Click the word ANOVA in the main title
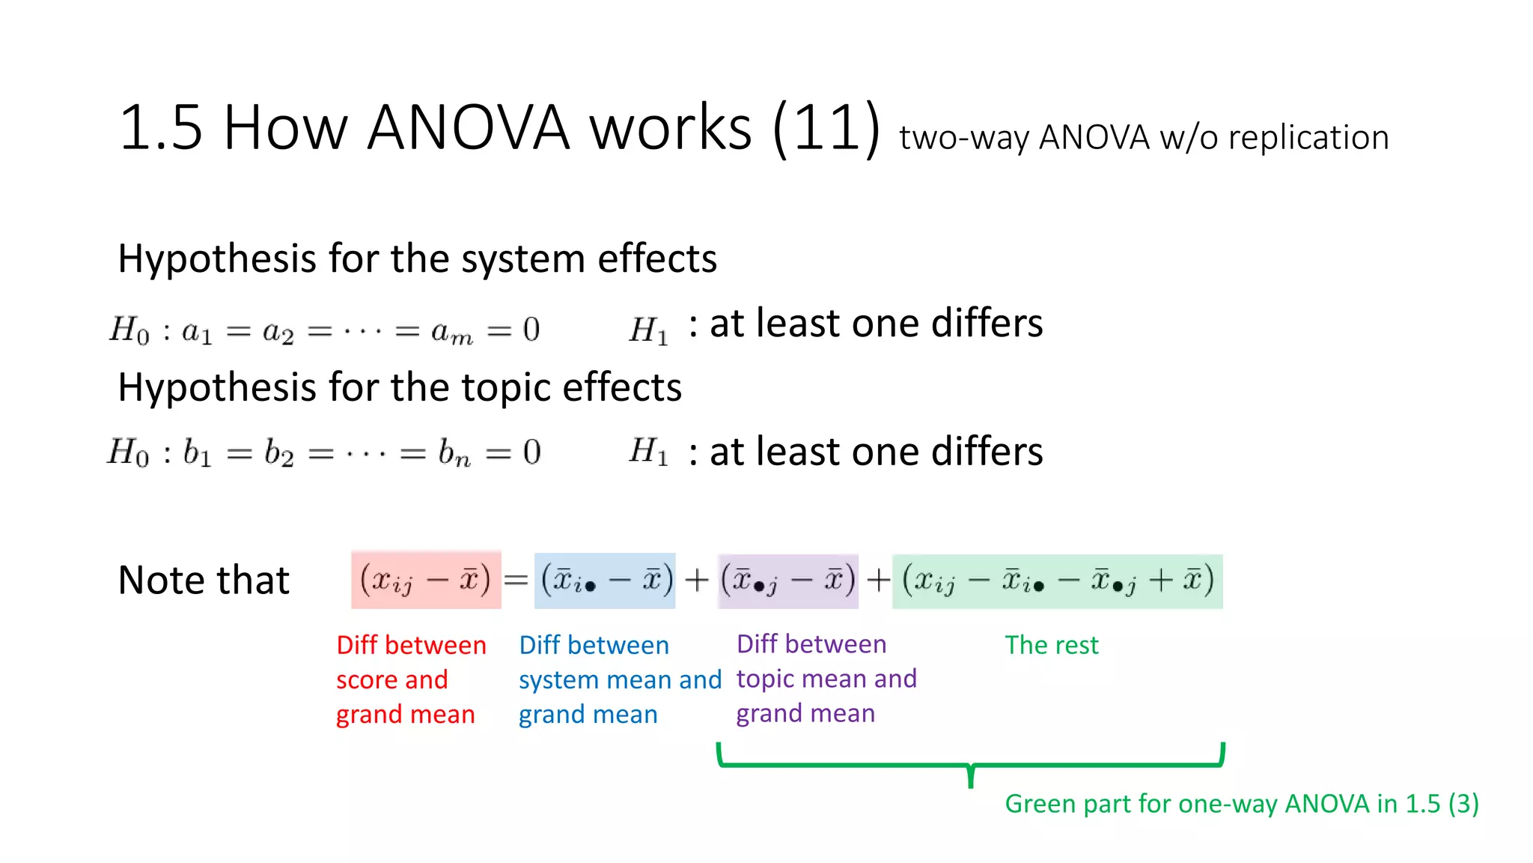[469, 127]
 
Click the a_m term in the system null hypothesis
[452, 331]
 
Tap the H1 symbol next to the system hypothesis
[648, 330]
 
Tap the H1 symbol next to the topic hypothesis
[648, 452]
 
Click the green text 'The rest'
[1051, 645]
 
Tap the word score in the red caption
[365, 680]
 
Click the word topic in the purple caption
[764, 679]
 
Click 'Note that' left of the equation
[204, 581]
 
